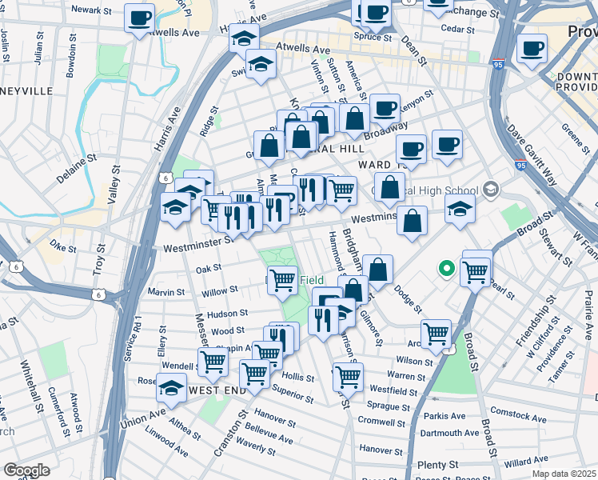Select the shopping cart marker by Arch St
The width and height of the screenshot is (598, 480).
pyautogui.click(x=436, y=332)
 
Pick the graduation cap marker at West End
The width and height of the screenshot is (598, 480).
pyautogui.click(x=172, y=387)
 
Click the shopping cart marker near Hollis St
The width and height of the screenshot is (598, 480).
pyautogui.click(x=254, y=373)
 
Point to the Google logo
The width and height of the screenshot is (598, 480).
pyautogui.click(x=26, y=470)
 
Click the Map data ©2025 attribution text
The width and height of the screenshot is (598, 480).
pyautogui.click(x=563, y=472)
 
